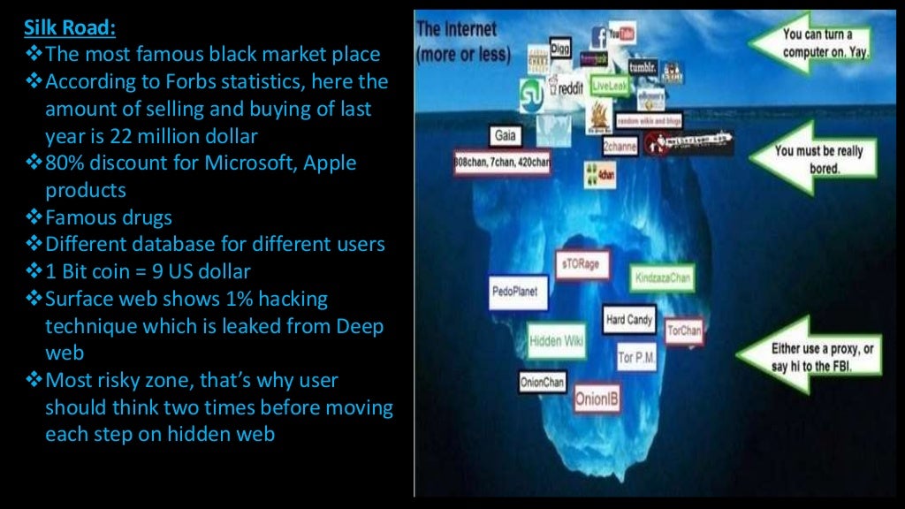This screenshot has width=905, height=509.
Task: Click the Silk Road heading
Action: (x=69, y=28)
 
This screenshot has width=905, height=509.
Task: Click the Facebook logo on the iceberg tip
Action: (x=598, y=37)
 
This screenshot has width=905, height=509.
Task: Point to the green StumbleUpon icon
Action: (x=531, y=91)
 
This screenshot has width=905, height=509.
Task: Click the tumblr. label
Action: (x=643, y=67)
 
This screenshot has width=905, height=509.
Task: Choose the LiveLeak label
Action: (x=608, y=85)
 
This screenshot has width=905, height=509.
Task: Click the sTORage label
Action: (x=581, y=264)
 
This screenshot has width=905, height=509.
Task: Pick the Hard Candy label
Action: (x=629, y=320)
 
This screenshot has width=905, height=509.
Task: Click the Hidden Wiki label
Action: (x=556, y=340)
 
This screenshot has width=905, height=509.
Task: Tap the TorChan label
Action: (x=683, y=332)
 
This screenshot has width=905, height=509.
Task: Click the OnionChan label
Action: (x=543, y=383)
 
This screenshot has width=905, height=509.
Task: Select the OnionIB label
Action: (x=597, y=399)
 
